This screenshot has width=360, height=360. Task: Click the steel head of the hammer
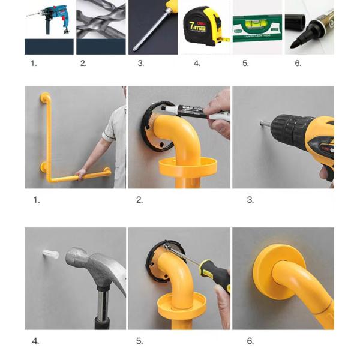click(90, 264)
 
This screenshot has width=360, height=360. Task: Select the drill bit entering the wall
click(266, 124)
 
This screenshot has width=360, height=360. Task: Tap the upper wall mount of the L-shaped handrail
click(44, 97)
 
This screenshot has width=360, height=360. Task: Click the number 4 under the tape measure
click(197, 63)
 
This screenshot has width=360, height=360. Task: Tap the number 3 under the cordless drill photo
click(250, 200)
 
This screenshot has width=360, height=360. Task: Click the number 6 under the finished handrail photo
click(250, 341)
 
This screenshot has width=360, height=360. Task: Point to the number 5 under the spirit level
click(245, 63)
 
